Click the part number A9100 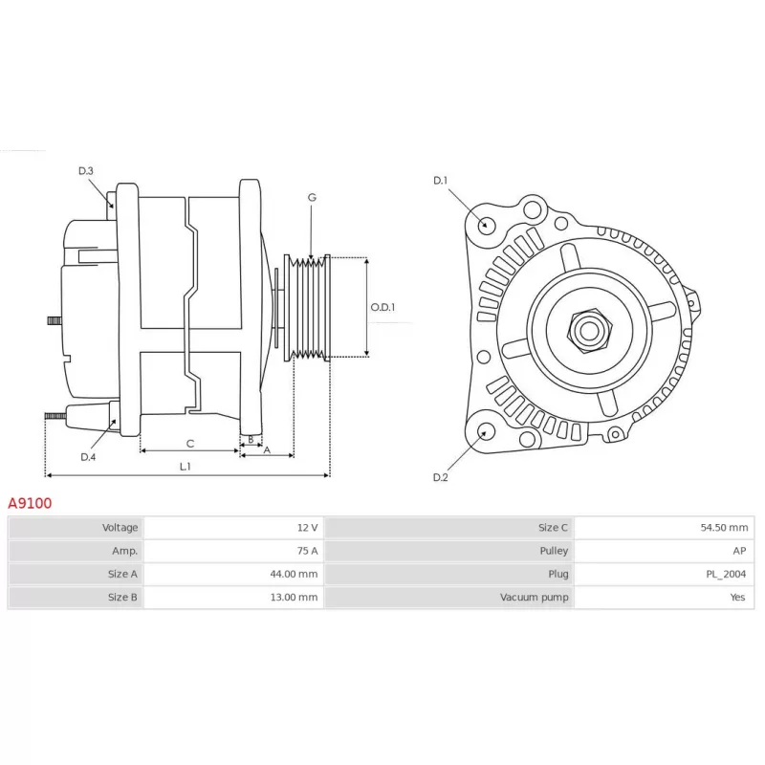click(30, 503)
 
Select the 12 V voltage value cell click(307, 528)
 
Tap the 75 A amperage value click(307, 551)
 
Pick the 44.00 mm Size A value click(294, 575)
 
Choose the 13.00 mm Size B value click(294, 597)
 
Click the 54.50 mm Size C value click(724, 528)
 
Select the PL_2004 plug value click(726, 575)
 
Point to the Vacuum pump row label click(535, 597)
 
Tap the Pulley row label click(554, 551)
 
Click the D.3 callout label click(86, 171)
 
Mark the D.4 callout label click(88, 457)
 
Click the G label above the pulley click(312, 197)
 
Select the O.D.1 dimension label click(382, 307)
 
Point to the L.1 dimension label click(185, 467)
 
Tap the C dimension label click(190, 444)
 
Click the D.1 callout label click(441, 181)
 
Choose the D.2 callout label click(441, 477)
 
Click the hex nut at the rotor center click(589, 331)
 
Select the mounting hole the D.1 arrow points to click(485, 226)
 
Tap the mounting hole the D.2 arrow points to click(485, 432)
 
